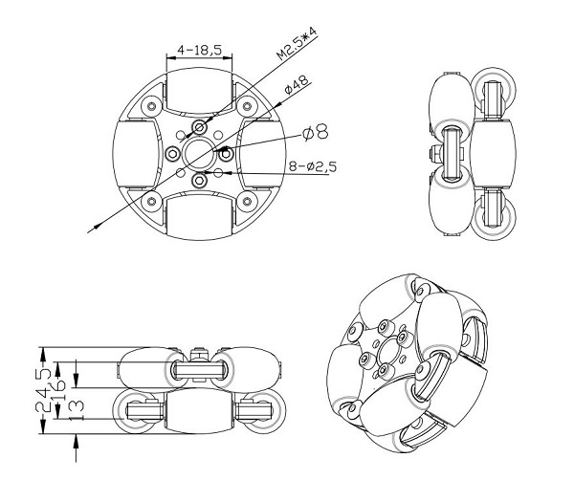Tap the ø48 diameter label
(295, 87)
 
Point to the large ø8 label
(316, 130)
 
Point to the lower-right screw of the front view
(247, 200)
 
